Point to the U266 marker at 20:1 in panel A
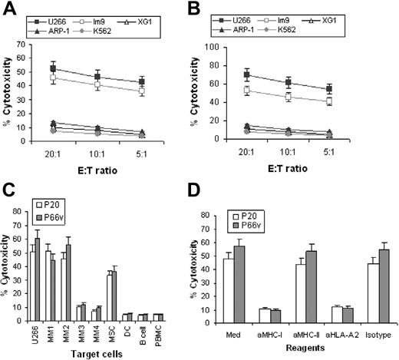[x=53, y=68]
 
